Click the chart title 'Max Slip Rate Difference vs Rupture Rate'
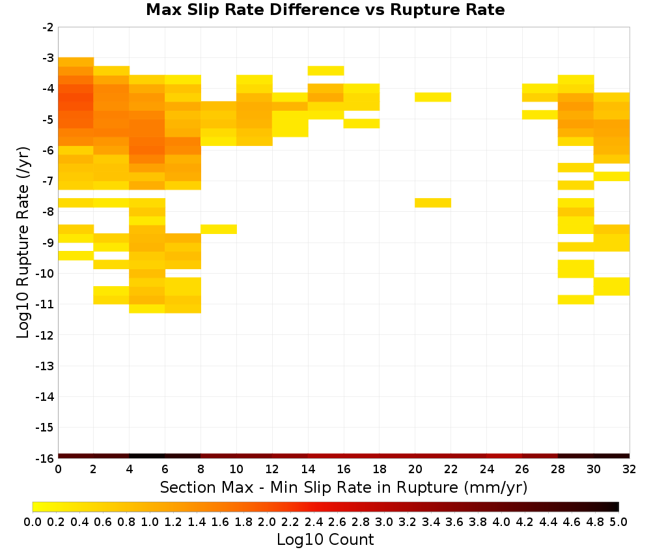coord(325,10)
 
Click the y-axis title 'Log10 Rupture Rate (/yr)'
coord(23,242)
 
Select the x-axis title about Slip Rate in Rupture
coord(343,487)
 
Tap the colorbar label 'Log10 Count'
coord(325,540)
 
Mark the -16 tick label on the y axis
coord(45,458)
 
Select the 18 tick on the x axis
coord(380,469)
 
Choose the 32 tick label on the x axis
coord(630,469)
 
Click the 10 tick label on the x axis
coord(236,469)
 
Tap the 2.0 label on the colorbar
coord(266,521)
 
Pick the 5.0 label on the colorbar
coord(618,521)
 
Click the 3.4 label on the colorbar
coord(430,521)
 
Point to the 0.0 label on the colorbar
coord(33,521)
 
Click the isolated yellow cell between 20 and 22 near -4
coord(433,97)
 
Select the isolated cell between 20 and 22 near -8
coord(433,203)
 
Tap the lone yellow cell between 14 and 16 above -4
coord(326,70)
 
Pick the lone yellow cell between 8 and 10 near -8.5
coord(219,229)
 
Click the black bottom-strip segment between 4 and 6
coord(147,456)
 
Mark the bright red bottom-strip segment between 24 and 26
coord(505,456)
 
